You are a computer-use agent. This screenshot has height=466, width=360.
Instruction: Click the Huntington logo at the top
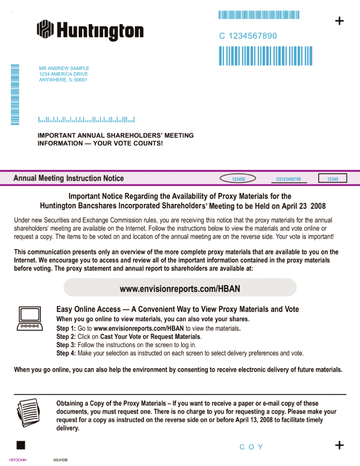90,31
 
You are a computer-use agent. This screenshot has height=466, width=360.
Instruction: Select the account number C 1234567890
248,36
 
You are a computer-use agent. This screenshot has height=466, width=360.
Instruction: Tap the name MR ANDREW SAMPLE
64,69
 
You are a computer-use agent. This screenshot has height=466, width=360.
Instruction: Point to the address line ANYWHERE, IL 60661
63,80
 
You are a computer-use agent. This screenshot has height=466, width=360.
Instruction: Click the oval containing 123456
238,179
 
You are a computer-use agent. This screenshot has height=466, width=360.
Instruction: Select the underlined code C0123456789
288,179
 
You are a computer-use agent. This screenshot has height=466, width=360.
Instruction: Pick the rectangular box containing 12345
332,179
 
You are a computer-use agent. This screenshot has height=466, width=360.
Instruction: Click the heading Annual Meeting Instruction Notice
69,179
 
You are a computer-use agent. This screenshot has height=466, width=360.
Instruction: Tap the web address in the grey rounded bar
180,289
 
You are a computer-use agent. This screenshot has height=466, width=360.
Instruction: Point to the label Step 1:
66,329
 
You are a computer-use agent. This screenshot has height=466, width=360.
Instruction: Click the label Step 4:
66,353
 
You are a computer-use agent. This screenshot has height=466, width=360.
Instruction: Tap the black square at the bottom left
21,445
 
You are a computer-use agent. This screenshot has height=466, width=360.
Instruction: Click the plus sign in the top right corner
339,21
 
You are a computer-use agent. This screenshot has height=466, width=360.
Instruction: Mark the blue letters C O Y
252,447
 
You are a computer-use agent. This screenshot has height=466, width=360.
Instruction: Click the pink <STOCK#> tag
18,460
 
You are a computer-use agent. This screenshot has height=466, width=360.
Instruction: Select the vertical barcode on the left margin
15,95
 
